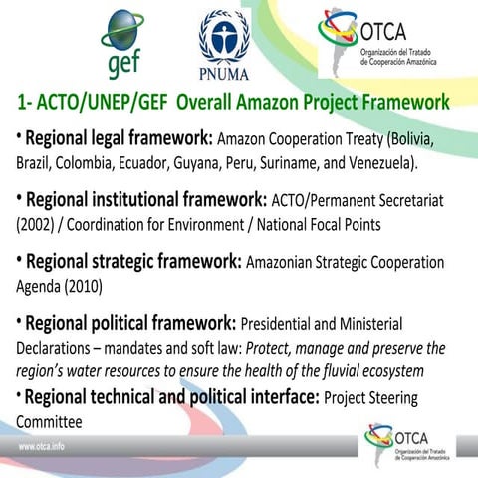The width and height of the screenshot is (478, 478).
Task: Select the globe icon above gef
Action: click(x=123, y=28)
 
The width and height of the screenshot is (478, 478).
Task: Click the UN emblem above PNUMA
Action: click(x=223, y=34)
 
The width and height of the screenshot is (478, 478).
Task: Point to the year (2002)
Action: click(x=39, y=225)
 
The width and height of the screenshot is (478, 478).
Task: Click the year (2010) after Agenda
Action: click(x=86, y=286)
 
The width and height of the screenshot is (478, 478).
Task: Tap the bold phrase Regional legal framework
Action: click(x=117, y=138)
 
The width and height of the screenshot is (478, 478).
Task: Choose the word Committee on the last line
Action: click(x=49, y=422)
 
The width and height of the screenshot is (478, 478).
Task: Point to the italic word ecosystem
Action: click(x=387, y=371)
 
